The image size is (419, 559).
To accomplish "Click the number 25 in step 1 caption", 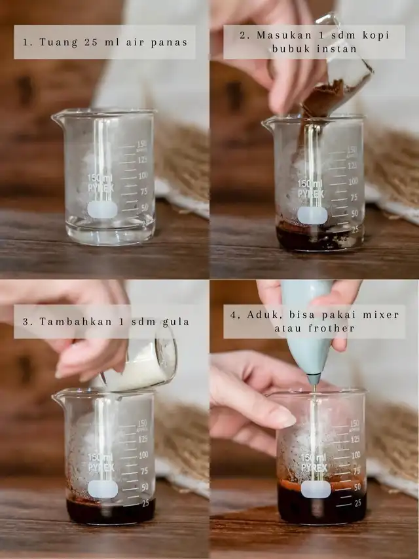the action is coord(91,42).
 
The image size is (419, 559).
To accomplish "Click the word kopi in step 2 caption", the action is coord(376,35).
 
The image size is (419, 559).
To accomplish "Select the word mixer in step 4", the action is coord(381,315).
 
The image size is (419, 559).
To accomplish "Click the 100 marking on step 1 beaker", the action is coord(143,176).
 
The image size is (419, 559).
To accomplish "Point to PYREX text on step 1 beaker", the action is coord(101,187).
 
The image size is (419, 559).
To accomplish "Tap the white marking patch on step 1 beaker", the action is coord(102,209).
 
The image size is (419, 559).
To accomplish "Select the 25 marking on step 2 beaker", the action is coord(355,229).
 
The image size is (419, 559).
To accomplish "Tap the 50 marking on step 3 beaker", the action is coord(145,487).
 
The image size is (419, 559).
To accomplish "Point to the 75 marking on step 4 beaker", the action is coord(356,471).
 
